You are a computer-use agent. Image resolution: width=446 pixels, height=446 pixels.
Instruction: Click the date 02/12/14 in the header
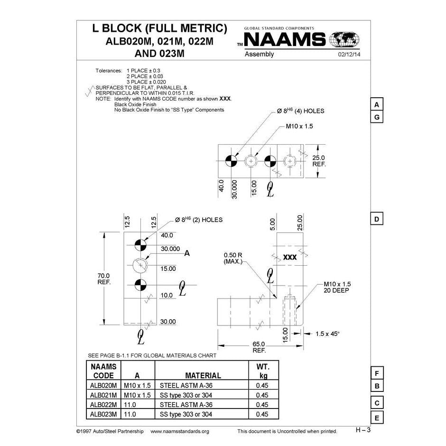tap(349, 55)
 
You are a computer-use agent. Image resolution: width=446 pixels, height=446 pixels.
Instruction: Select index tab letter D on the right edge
tap(376, 219)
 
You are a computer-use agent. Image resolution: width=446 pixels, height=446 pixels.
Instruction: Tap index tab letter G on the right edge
tap(376, 117)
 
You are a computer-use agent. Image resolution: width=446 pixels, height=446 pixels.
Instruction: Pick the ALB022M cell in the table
tap(103, 405)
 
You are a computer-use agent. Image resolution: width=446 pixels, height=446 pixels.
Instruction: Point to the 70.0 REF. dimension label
tap(104, 279)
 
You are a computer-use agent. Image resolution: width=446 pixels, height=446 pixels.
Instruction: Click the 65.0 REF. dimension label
tap(259, 347)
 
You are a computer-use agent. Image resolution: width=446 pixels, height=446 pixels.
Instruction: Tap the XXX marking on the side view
tap(289, 257)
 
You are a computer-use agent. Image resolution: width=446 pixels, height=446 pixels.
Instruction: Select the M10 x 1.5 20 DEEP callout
tap(336, 287)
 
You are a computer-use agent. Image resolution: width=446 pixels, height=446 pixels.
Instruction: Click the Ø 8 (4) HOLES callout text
tap(300, 111)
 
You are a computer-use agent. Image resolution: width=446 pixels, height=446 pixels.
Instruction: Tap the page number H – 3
tap(363, 430)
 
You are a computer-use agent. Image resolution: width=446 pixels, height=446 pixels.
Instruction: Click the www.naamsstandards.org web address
tap(179, 431)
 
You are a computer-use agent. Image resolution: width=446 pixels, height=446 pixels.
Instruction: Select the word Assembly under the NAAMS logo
tap(259, 54)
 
